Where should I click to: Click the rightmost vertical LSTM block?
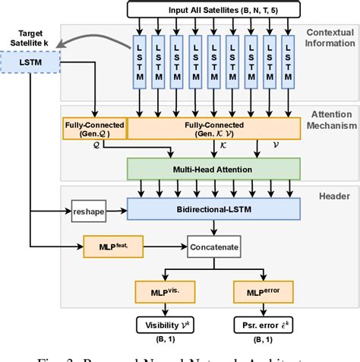coord(289,64)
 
